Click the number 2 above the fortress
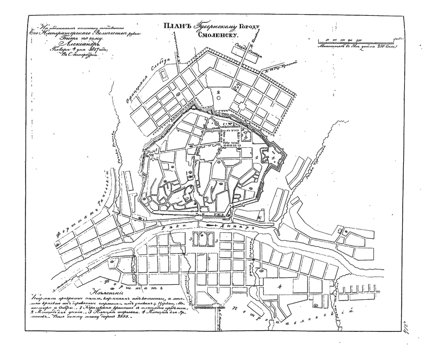click(218, 93)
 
